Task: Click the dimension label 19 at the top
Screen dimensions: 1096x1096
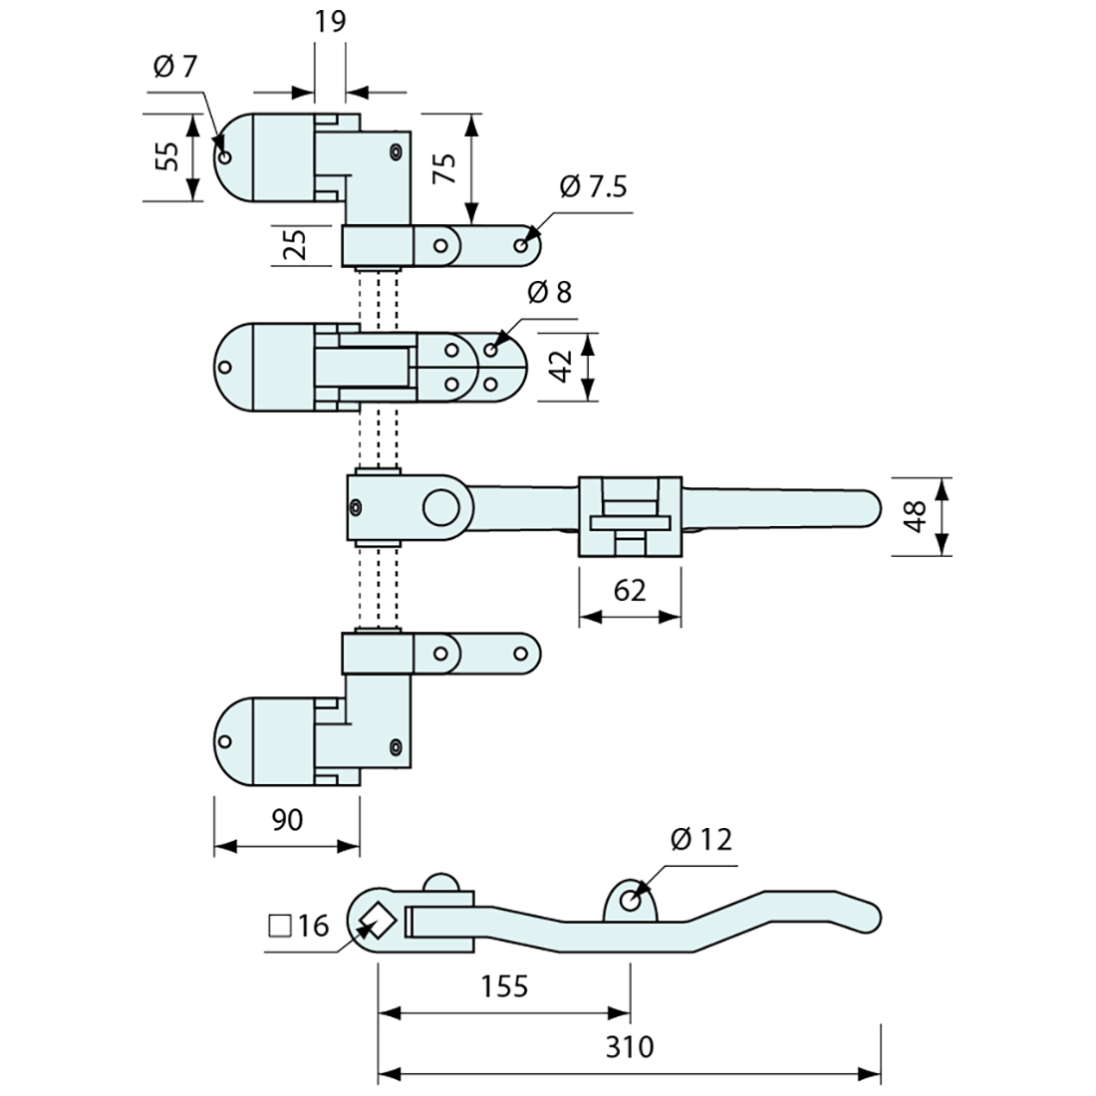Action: (x=330, y=22)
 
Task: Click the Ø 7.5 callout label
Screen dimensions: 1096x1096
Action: (x=594, y=186)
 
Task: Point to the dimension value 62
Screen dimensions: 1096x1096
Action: (x=630, y=590)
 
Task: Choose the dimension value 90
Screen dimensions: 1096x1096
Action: (x=286, y=819)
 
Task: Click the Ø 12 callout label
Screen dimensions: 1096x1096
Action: (x=701, y=840)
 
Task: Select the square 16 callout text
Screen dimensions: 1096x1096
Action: (x=299, y=927)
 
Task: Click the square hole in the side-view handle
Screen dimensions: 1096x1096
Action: (x=379, y=919)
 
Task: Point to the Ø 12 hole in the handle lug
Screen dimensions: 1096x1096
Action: (x=630, y=900)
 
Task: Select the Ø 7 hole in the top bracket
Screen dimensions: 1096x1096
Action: (x=226, y=156)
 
